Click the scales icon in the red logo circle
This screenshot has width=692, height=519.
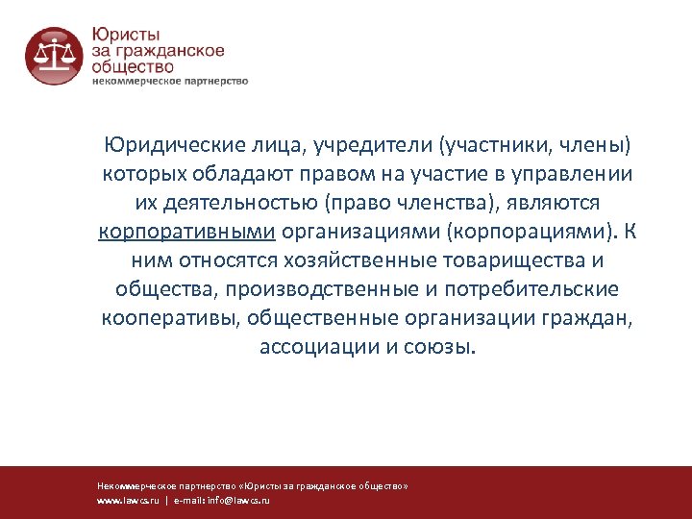(x=53, y=55)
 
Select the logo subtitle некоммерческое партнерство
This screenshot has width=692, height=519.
(x=170, y=82)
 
